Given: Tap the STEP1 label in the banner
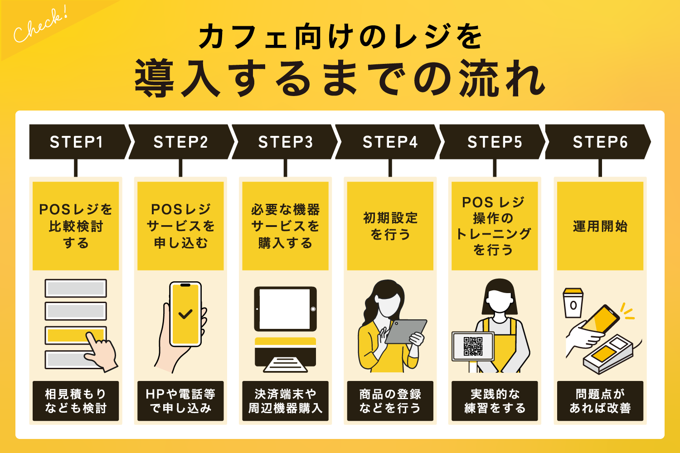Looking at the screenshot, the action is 76,142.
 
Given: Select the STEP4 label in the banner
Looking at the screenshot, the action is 390,142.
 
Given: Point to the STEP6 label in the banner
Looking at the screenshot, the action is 600,142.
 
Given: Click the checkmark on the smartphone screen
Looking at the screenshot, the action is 185,314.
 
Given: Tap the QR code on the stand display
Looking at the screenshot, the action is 473,346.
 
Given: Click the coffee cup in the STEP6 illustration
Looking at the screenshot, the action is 573,304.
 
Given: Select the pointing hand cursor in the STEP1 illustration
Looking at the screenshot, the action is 101,352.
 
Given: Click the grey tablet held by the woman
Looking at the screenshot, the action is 406,331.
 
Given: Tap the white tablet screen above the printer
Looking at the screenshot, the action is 285,309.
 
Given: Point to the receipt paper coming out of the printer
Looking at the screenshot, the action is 285,365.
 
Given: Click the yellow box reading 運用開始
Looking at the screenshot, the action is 600,226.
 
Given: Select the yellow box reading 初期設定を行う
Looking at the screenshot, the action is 390,226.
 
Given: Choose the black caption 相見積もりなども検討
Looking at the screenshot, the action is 76,401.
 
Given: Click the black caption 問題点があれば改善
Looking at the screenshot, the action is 600,401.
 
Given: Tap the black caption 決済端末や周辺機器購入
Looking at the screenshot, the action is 285,401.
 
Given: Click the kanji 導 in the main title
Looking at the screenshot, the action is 154,78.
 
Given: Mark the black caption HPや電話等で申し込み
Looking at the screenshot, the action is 180,401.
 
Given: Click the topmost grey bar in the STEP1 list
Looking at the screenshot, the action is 76,288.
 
